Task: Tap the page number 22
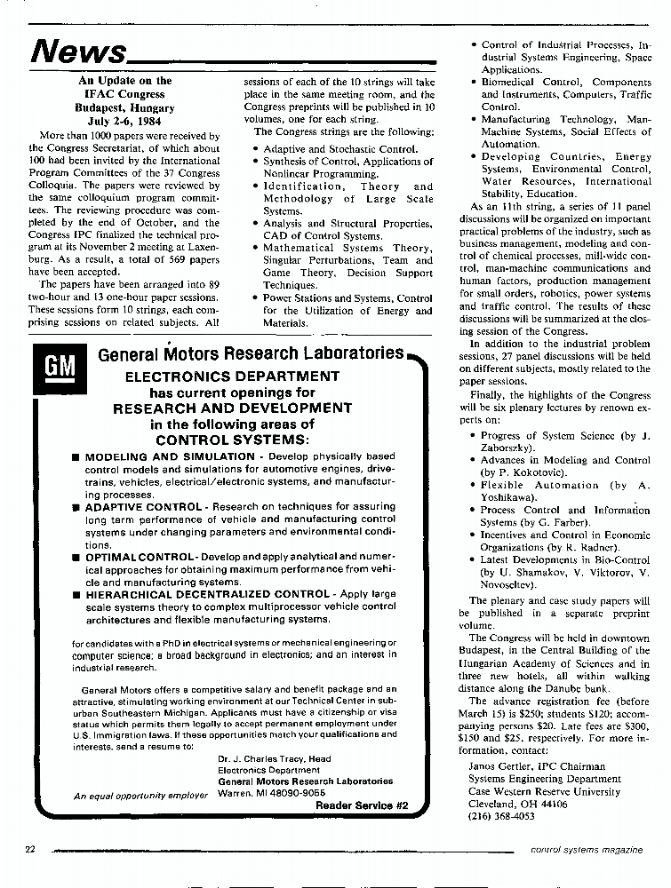29,849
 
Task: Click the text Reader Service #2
362,805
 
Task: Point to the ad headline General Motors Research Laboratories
251,354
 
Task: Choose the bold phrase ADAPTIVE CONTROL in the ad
143,506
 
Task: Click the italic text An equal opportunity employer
140,796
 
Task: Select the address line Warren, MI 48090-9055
271,793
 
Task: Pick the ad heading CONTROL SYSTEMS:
232,440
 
